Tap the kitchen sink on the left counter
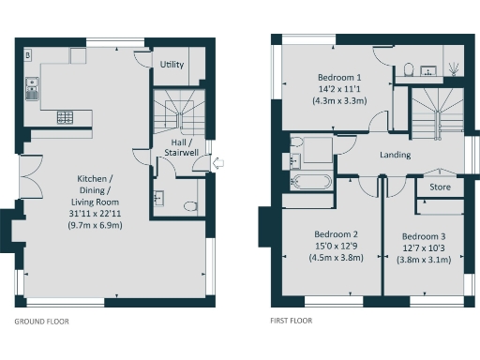coord(31,90)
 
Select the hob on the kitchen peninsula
coord(67,118)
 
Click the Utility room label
coord(172,66)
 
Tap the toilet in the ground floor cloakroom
coord(190,205)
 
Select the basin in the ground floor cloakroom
coord(157,198)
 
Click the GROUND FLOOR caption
coord(41,321)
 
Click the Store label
coord(440,187)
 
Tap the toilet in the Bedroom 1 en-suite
coord(411,68)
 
